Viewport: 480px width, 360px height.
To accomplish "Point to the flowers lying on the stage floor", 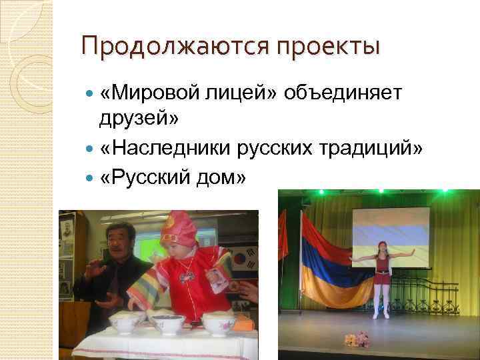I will coord(357,340).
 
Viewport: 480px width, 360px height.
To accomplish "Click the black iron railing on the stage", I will coord(433,293).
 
